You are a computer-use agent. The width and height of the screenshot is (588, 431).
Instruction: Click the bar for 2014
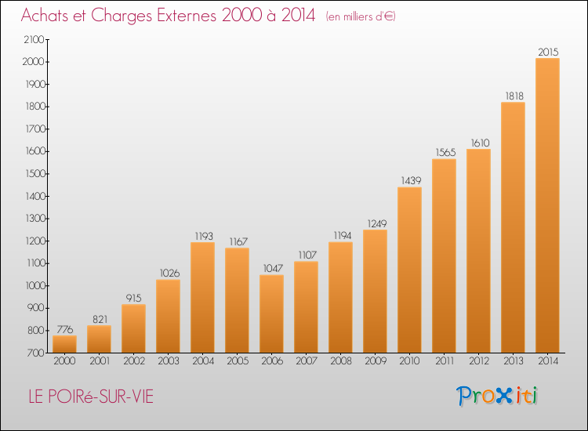(547, 205)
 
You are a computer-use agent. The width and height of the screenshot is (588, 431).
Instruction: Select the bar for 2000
(64, 344)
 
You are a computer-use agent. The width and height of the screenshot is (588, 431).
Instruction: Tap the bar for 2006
(271, 313)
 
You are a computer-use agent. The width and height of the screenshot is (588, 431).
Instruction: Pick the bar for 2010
(409, 270)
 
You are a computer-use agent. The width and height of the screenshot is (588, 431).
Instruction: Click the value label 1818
(514, 96)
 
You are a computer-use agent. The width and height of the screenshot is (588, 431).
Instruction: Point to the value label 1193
(204, 237)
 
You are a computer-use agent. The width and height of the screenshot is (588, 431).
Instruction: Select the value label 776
(65, 330)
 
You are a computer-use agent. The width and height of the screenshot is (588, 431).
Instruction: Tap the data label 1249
(377, 224)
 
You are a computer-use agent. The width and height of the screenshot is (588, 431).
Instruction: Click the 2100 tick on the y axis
(34, 39)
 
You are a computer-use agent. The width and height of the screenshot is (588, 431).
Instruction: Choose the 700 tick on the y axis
(36, 353)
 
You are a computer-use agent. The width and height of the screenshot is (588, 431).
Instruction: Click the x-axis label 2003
(169, 361)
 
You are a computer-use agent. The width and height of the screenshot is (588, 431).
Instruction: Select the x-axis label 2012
(479, 361)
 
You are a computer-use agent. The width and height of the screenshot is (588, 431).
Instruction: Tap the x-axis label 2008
(341, 361)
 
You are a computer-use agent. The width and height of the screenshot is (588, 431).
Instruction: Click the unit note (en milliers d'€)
(361, 16)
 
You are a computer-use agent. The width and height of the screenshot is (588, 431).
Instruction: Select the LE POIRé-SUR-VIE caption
(91, 397)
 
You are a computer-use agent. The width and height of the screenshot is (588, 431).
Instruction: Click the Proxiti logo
(497, 396)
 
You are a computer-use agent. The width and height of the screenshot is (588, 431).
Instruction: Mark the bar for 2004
(202, 298)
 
